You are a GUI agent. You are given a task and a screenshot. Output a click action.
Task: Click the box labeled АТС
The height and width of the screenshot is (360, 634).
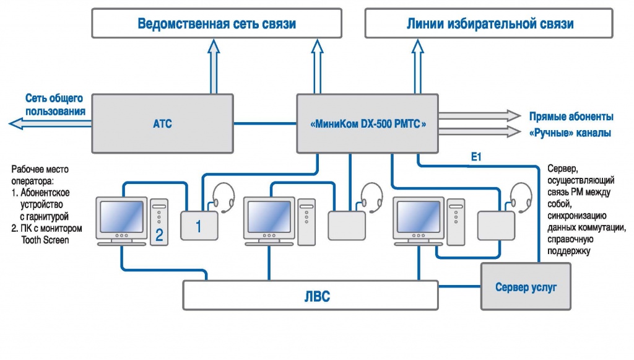coord(162,124)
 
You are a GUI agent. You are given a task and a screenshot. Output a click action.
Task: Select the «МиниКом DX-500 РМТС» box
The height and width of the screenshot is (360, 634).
coord(368,124)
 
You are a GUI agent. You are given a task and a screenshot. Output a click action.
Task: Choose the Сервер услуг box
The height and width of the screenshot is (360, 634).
coord(525,286)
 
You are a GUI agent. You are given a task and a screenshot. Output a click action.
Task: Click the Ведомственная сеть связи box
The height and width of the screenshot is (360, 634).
coord(216,24)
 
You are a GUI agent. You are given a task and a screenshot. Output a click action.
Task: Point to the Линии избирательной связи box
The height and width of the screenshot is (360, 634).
coord(489,24)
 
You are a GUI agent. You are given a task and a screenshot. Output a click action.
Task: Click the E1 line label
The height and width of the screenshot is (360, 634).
coord(475,159)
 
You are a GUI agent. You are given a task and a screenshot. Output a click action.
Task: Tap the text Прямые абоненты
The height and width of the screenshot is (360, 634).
coord(571,116)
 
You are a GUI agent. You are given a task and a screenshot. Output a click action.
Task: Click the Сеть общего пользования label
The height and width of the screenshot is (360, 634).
coord(54,105)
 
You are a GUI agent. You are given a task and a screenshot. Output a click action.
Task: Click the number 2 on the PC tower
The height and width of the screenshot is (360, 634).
coord(159,235)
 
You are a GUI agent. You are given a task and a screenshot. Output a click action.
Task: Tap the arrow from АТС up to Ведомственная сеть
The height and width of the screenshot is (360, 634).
coord(214,65)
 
